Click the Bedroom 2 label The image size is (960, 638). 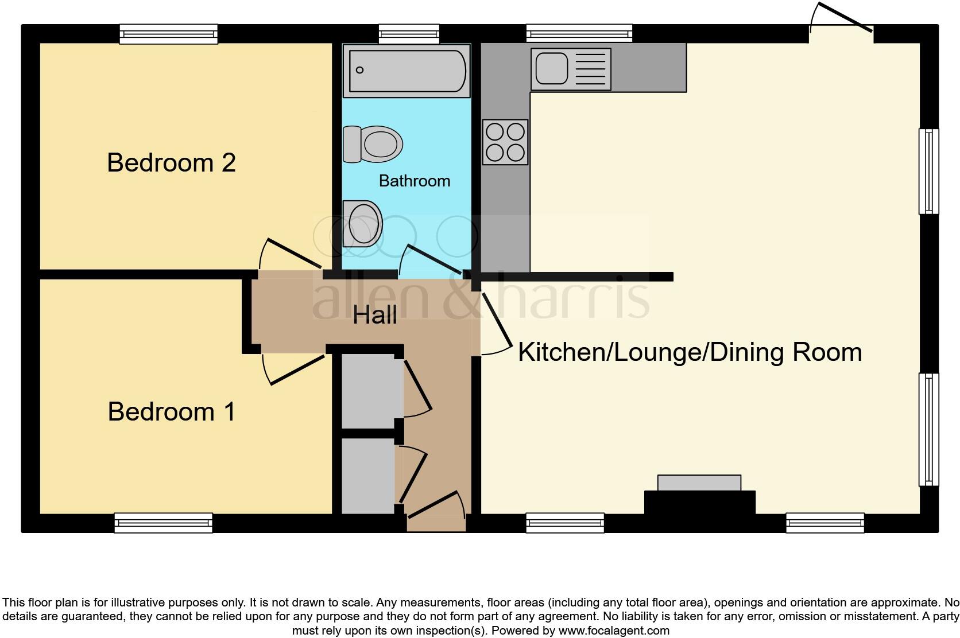(172, 163)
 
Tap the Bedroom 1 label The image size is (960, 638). (172, 411)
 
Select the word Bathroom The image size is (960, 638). (415, 181)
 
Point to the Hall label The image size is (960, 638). (374, 315)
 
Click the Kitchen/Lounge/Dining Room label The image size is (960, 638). (690, 352)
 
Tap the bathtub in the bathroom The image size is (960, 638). (407, 71)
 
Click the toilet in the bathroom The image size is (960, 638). (373, 145)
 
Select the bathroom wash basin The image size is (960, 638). (362, 224)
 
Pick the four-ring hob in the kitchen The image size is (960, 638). (505, 142)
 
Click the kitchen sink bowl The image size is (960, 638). (552, 68)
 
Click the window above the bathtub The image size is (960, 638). (409, 34)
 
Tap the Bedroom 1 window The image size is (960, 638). (163, 523)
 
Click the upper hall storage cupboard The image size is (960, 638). (372, 391)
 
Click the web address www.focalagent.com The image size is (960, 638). (614, 631)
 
